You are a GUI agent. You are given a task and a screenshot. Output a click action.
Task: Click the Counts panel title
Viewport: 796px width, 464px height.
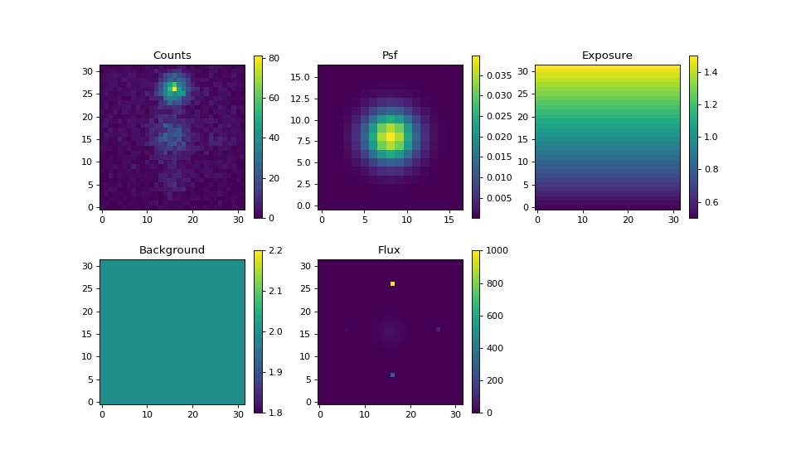(x=172, y=56)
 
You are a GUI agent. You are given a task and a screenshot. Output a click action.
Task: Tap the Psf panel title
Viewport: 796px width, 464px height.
(x=390, y=56)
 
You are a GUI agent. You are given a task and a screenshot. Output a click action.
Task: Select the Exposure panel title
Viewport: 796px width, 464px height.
(x=607, y=56)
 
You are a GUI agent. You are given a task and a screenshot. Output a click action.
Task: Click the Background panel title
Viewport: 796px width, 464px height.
(x=172, y=250)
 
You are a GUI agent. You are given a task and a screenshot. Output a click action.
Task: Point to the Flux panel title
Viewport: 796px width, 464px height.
(x=390, y=250)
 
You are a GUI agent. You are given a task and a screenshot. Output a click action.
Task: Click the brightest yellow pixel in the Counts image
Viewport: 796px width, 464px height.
(x=175, y=89)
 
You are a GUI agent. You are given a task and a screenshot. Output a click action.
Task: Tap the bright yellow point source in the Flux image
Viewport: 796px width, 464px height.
(x=392, y=283)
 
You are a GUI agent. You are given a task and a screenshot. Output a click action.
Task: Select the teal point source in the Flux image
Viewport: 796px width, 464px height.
(x=392, y=375)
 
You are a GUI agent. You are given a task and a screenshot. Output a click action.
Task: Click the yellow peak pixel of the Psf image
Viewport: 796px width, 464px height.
(x=391, y=137)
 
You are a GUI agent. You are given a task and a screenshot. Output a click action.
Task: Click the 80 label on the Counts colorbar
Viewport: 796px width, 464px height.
(x=274, y=58)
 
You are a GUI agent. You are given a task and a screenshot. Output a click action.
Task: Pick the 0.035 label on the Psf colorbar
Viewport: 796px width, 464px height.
(x=499, y=75)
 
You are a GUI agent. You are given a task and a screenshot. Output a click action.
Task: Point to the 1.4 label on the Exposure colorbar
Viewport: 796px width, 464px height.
(x=711, y=72)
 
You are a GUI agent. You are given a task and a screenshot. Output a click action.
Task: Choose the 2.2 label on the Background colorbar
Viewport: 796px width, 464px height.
(x=275, y=250)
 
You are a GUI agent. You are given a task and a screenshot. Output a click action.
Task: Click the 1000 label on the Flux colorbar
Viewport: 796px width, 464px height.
(x=497, y=250)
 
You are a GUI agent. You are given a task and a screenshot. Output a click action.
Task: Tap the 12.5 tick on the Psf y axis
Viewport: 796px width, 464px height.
(x=300, y=99)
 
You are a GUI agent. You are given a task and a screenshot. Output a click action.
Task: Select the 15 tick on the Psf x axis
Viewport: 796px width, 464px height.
(x=449, y=220)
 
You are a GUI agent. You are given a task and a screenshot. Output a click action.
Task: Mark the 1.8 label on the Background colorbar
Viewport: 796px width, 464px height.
(x=275, y=413)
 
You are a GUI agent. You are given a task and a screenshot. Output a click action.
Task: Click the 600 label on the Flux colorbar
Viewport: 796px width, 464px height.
(x=495, y=316)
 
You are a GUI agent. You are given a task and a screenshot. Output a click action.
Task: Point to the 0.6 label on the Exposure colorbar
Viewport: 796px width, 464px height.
(x=711, y=202)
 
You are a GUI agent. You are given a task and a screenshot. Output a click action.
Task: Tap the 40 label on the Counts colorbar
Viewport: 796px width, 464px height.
(x=274, y=138)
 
